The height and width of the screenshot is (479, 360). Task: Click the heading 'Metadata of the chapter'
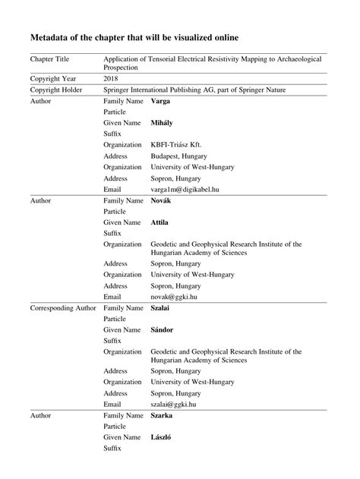134,36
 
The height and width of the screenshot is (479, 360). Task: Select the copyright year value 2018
112,78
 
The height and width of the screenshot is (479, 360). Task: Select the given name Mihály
163,122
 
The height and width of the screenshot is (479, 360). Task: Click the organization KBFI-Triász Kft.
175,144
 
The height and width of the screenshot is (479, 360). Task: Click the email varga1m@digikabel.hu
184,189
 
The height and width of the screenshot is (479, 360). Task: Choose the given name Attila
160,222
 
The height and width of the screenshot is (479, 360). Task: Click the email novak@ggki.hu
174,297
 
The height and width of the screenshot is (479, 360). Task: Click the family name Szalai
163,308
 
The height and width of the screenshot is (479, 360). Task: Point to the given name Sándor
164,330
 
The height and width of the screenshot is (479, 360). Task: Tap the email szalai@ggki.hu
175,405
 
